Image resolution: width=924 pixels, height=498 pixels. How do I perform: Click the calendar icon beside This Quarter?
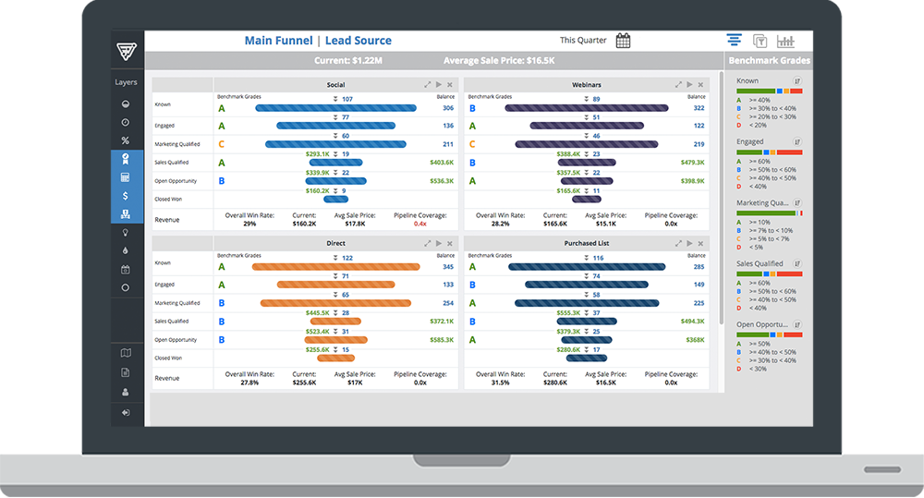pyautogui.click(x=623, y=41)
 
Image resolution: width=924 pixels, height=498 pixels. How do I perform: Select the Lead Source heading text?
pyautogui.click(x=358, y=41)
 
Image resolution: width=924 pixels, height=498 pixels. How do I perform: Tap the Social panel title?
pyautogui.click(x=335, y=85)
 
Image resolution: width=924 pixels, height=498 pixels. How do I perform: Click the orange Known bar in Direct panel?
pyautogui.click(x=336, y=267)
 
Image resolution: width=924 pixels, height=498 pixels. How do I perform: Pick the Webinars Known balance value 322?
pyautogui.click(x=699, y=108)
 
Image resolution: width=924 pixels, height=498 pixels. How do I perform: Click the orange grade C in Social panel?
pyautogui.click(x=221, y=144)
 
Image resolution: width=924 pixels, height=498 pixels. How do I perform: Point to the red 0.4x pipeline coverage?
pyautogui.click(x=420, y=224)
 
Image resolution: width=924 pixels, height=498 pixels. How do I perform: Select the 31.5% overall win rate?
pyautogui.click(x=500, y=382)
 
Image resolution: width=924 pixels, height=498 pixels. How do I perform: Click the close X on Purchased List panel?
pyautogui.click(x=699, y=243)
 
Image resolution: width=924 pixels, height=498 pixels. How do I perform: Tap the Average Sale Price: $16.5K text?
pyautogui.click(x=498, y=61)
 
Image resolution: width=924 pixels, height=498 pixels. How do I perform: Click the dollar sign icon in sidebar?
pyautogui.click(x=126, y=196)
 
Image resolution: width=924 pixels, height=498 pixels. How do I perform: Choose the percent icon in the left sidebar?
pyautogui.click(x=126, y=140)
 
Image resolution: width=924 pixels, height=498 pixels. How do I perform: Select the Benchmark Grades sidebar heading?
pyautogui.click(x=769, y=61)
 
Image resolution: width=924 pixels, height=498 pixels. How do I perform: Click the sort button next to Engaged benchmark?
pyautogui.click(x=796, y=142)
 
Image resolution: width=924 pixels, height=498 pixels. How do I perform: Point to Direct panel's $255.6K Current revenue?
pyautogui.click(x=304, y=382)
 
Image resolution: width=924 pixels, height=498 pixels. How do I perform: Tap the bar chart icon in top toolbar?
pyautogui.click(x=785, y=41)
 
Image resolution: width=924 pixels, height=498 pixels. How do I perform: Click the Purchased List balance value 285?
pyautogui.click(x=699, y=267)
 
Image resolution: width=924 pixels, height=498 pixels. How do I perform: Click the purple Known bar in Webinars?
pyautogui.click(x=587, y=108)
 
